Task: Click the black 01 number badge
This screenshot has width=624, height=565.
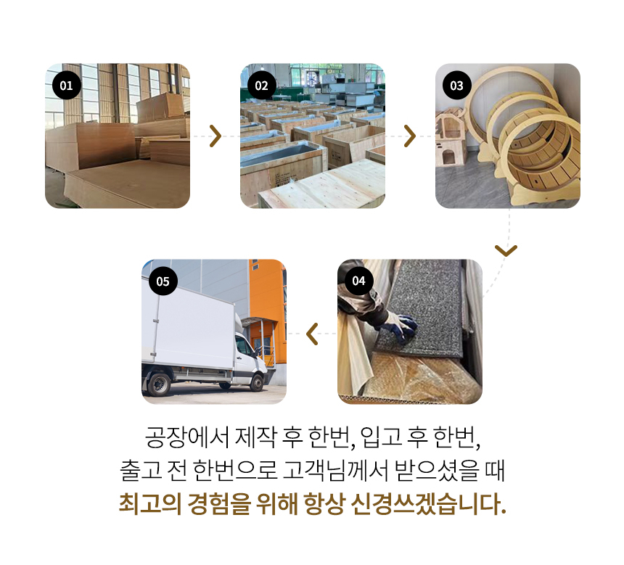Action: coord(67,86)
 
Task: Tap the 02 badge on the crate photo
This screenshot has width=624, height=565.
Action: coord(261,86)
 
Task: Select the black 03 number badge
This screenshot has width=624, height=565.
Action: coord(456,86)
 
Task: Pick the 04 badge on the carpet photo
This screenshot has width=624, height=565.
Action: coord(358,281)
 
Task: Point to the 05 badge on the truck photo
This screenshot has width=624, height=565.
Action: coord(163,281)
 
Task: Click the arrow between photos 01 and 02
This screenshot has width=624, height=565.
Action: coord(215,136)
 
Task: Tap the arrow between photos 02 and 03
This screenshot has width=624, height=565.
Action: coord(410,136)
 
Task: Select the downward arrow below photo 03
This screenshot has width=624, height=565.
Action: coord(506,250)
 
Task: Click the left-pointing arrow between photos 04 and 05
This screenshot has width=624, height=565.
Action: coord(313,334)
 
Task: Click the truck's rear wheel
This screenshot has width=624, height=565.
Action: coord(158,384)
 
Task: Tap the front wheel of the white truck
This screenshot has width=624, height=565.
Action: coord(257,383)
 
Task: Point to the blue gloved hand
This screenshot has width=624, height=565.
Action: coord(403,326)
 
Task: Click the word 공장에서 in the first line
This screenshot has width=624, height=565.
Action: coord(187,437)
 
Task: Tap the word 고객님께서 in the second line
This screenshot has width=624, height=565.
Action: coord(335,471)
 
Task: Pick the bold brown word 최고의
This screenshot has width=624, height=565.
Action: coord(150,504)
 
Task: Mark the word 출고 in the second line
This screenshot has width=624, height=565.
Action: coord(141,471)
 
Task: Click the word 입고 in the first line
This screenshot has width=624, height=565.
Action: coord(381,437)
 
